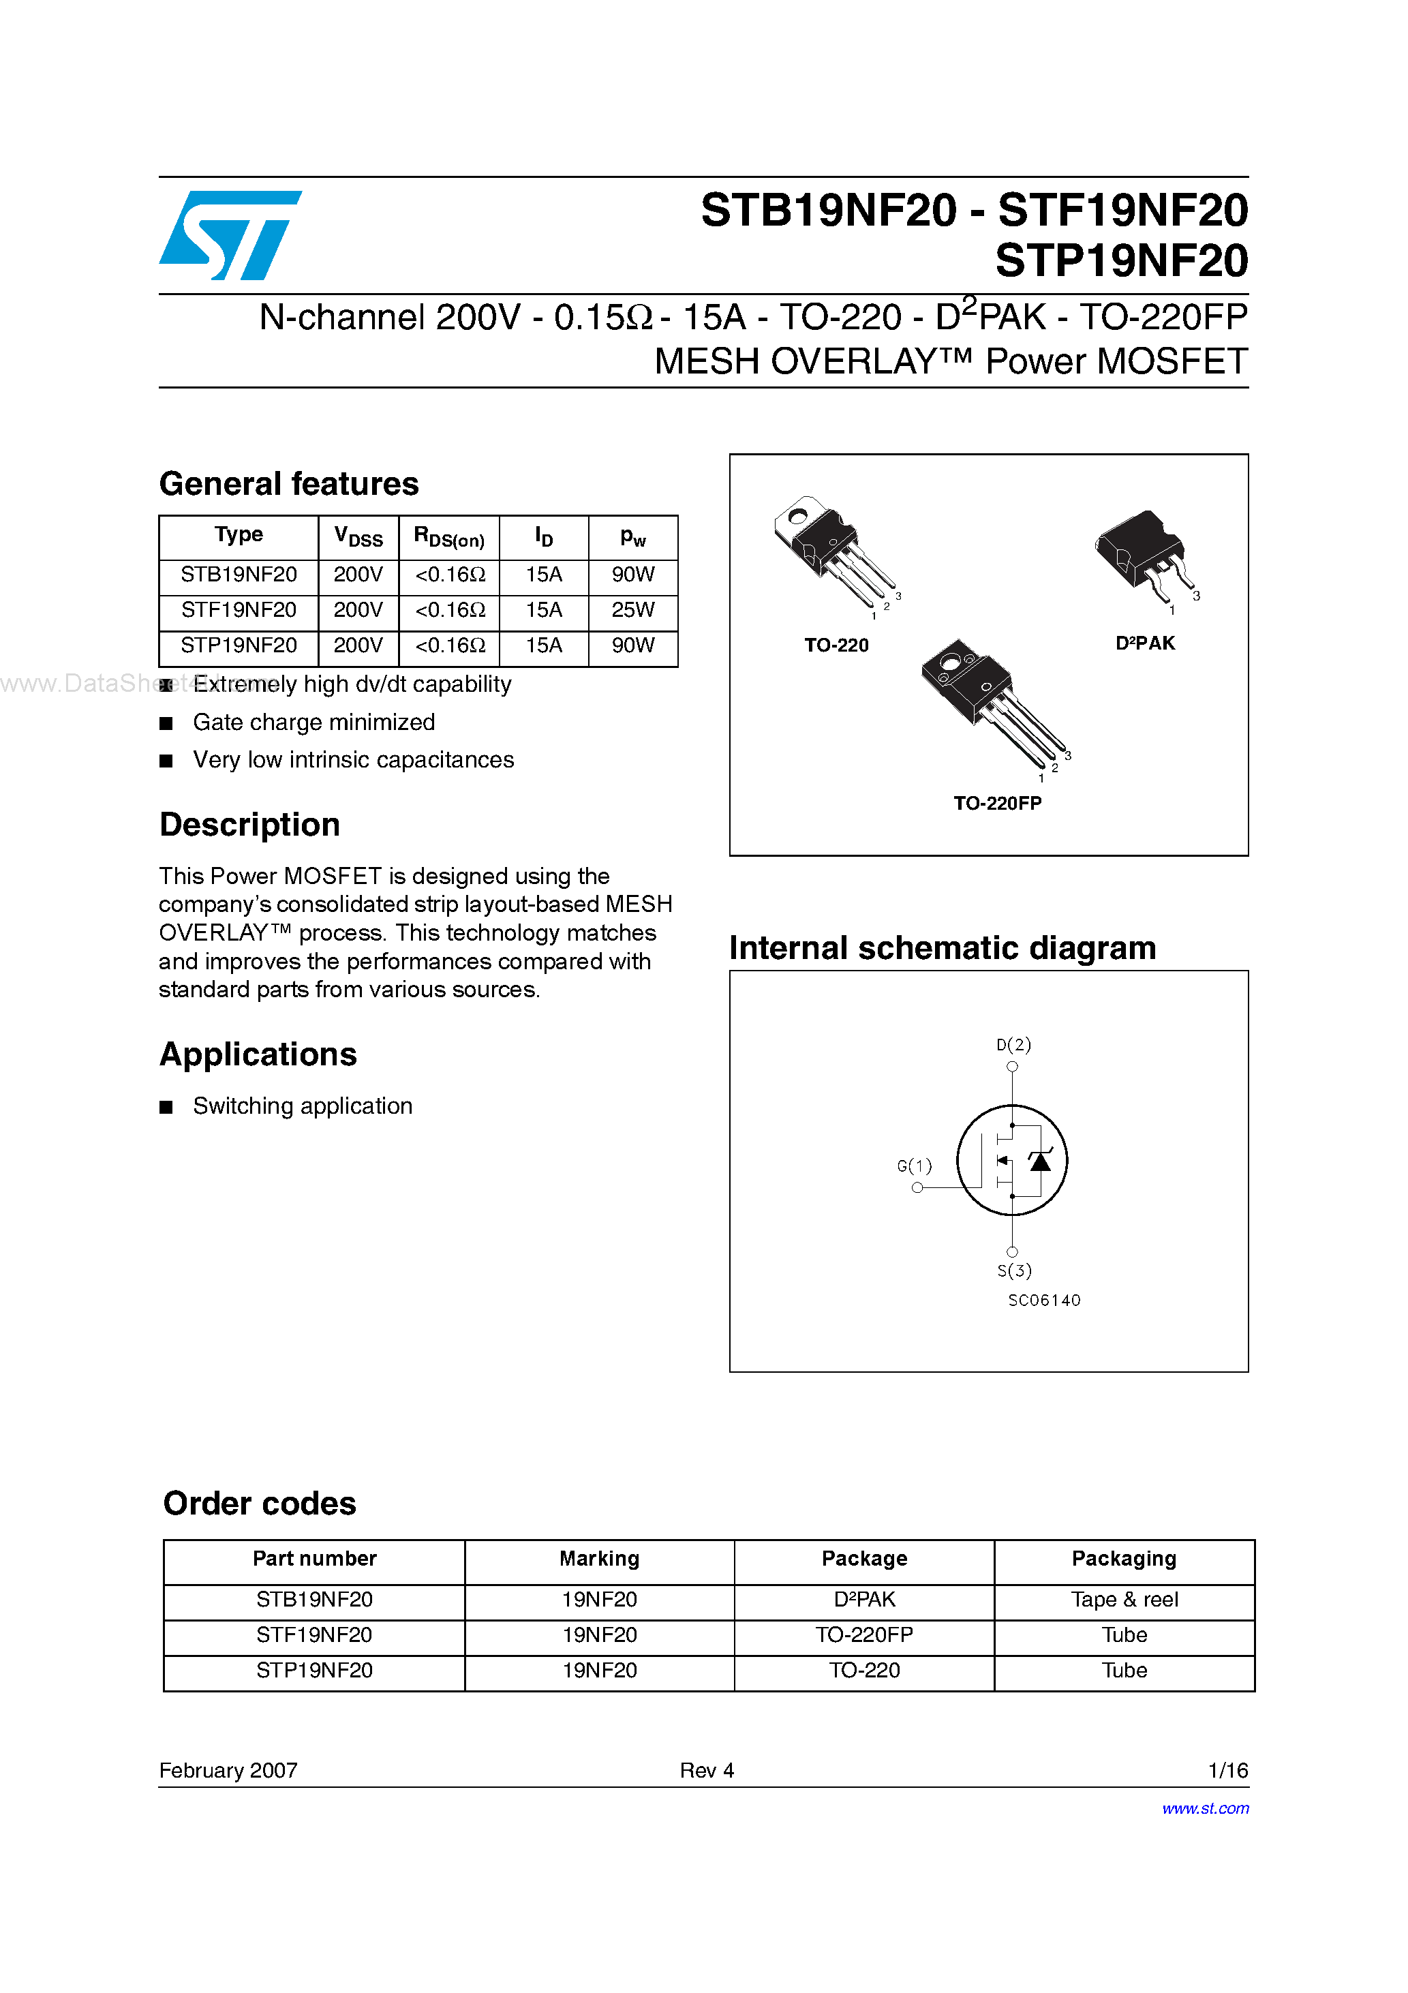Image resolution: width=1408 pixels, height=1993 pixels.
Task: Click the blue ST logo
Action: click(x=230, y=235)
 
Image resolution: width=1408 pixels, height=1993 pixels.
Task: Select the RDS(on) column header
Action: click(x=449, y=537)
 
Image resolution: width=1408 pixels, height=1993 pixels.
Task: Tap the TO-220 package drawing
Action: click(x=833, y=552)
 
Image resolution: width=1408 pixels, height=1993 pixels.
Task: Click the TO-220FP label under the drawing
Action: click(x=998, y=803)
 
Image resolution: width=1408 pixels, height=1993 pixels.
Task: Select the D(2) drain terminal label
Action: click(x=1013, y=1044)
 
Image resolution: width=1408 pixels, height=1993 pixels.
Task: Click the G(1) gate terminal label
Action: click(x=914, y=1166)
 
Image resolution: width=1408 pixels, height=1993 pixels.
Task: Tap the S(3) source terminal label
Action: click(x=1014, y=1271)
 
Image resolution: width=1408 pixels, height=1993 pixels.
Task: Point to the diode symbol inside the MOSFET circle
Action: click(x=1040, y=1161)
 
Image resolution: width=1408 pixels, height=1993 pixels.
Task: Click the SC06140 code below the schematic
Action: click(x=1044, y=1300)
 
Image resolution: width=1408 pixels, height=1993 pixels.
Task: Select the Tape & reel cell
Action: click(x=1124, y=1600)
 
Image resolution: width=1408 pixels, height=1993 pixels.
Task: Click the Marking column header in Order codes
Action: click(x=599, y=1559)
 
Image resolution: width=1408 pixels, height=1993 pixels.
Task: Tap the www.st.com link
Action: click(x=1205, y=1809)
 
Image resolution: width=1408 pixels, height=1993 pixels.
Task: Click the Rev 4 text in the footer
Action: click(x=707, y=1771)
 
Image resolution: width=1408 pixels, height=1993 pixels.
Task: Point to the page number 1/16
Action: click(x=1227, y=1771)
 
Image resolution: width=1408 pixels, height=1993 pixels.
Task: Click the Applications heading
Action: click(x=258, y=1054)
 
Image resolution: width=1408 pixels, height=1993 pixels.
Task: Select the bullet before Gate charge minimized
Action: click(x=166, y=723)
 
